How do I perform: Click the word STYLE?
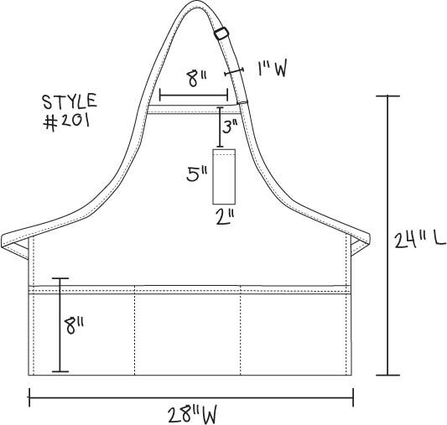point(70,101)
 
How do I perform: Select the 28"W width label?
point(192,415)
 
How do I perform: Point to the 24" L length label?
point(419,240)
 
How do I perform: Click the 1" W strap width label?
point(272,70)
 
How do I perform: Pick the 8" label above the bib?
point(197,79)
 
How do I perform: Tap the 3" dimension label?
point(230,127)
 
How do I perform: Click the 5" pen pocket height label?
point(197,174)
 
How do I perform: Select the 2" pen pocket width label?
point(226,217)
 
